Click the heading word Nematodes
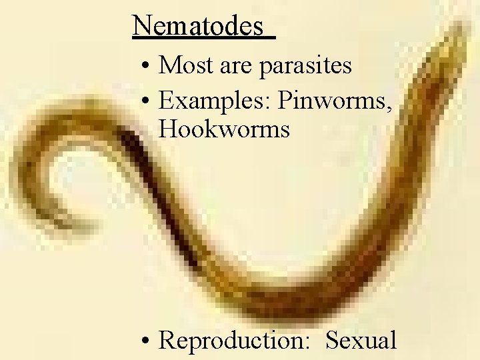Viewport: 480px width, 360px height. click(x=199, y=26)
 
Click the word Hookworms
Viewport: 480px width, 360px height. click(x=225, y=129)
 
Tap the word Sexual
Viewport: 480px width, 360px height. click(x=361, y=340)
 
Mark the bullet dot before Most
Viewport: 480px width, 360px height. click(x=145, y=67)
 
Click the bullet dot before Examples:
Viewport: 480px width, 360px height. click(x=145, y=101)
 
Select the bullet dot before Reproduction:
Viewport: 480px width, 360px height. click(x=145, y=341)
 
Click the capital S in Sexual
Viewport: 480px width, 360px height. click(x=332, y=340)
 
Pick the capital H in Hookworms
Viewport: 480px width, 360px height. click(x=169, y=129)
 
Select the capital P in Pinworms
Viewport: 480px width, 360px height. click(x=285, y=100)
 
